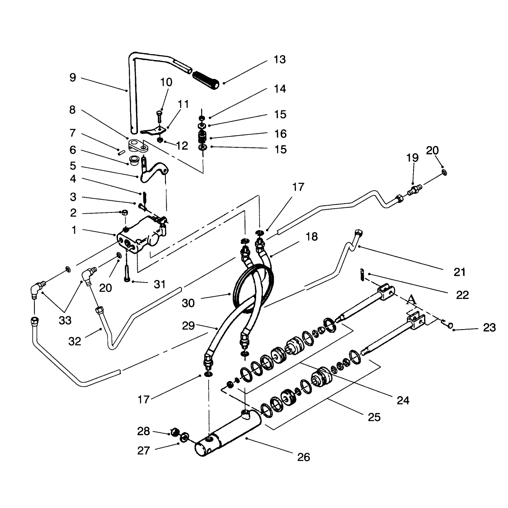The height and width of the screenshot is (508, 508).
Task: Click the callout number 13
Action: point(280,60)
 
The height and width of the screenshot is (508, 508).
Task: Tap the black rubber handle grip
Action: point(206,80)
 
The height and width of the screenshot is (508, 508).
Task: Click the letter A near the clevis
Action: point(412,300)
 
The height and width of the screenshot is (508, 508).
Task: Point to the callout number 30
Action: point(188,303)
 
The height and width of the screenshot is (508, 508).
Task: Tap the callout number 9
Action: point(73,78)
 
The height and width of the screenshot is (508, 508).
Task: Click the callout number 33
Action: point(65,321)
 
